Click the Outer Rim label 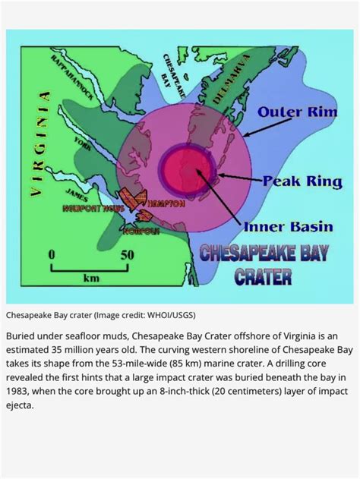[x=292, y=112]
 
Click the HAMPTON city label [x=165, y=204]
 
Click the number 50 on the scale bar [x=128, y=254]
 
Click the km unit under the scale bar [x=92, y=279]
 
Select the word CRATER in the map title [x=263, y=275]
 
